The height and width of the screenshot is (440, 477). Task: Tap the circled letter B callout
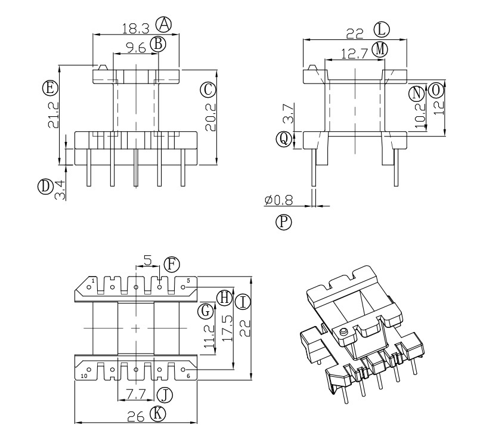point(157,44)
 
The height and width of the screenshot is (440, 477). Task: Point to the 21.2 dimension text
point(54,115)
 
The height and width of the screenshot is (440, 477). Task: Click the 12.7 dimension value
point(353,54)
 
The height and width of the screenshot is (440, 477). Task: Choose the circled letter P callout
point(284,222)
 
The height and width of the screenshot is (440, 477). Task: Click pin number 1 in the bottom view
point(92,280)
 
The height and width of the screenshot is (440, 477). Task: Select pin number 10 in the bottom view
point(84,376)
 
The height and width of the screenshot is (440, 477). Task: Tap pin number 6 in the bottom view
point(188,376)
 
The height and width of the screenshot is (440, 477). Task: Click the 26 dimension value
point(137,418)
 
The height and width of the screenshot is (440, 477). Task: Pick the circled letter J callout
point(163,394)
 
